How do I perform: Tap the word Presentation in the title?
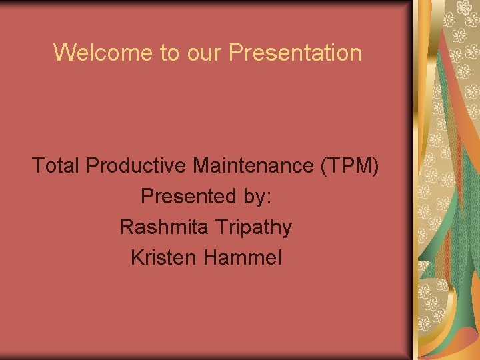(x=295, y=52)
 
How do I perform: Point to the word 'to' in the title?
(x=169, y=53)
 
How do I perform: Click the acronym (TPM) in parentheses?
(x=350, y=166)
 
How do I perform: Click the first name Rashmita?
(x=164, y=227)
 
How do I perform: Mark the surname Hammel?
(x=244, y=257)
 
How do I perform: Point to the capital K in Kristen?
(x=137, y=257)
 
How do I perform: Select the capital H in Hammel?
(x=214, y=257)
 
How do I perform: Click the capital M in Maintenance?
(x=201, y=165)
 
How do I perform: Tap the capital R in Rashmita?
(x=127, y=227)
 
